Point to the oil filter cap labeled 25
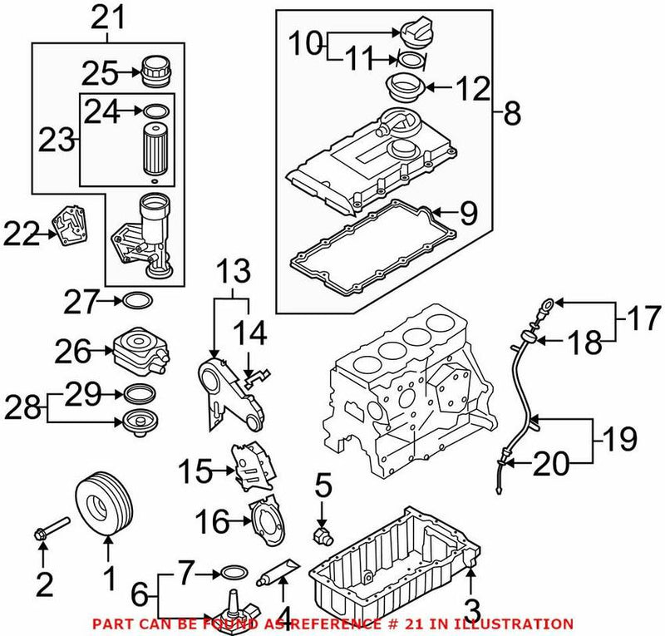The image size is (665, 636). click(x=155, y=71)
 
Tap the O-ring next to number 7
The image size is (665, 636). click(x=235, y=572)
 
